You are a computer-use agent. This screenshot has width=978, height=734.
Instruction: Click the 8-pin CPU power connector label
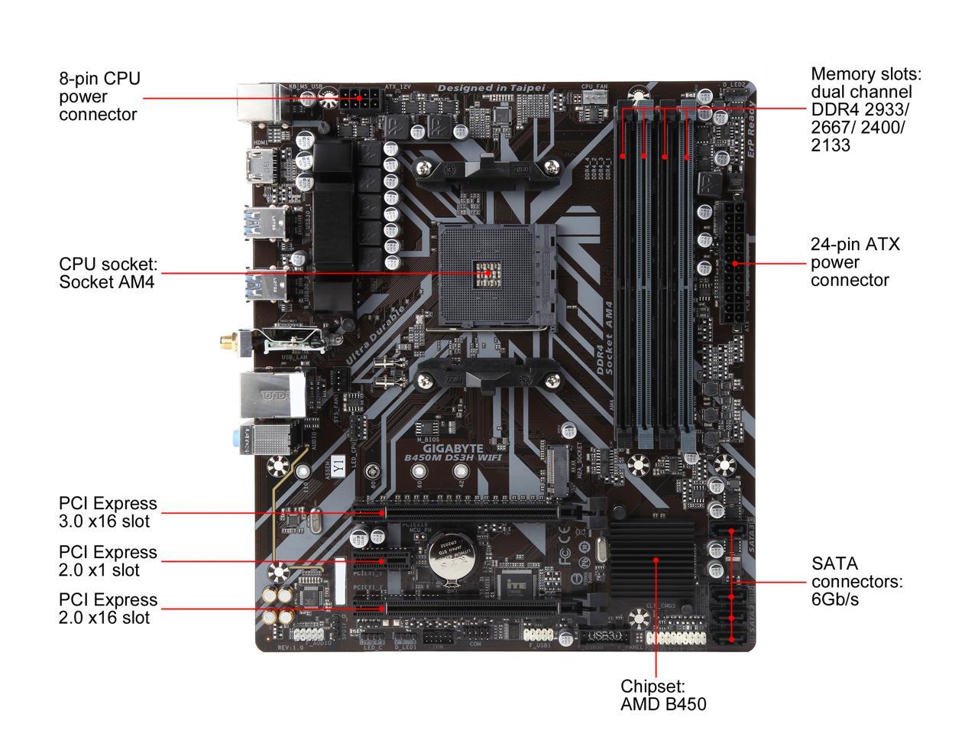[99, 96]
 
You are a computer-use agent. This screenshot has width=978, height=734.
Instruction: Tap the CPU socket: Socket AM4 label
[108, 272]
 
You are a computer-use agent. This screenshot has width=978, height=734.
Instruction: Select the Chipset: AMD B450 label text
[662, 695]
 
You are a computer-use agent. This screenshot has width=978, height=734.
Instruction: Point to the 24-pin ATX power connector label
[855, 262]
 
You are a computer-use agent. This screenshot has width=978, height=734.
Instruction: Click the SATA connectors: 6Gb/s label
[857, 581]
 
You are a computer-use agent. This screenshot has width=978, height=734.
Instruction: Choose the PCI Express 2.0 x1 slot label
[107, 560]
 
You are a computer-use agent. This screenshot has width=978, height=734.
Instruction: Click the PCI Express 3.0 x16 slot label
[107, 512]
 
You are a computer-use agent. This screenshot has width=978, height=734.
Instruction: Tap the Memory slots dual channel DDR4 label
[866, 109]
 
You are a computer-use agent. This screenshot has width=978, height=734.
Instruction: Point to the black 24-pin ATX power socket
[735, 263]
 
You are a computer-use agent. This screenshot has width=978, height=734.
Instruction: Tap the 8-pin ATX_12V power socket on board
[361, 99]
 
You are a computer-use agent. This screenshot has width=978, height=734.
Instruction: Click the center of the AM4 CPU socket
[488, 272]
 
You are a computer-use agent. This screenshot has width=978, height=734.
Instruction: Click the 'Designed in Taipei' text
[491, 89]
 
